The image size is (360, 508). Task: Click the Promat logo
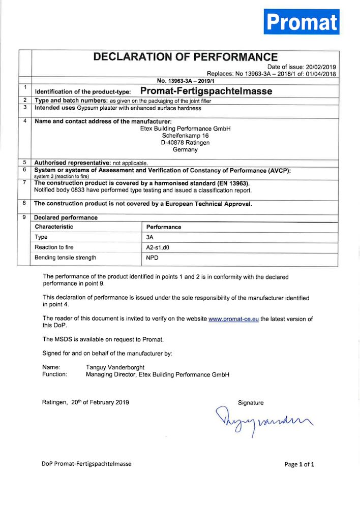click(302, 21)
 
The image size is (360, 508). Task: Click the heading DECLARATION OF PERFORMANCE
click(185, 57)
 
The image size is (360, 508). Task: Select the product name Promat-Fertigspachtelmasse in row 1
click(206, 91)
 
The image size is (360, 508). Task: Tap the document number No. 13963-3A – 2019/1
click(185, 80)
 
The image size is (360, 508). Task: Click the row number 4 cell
click(25, 121)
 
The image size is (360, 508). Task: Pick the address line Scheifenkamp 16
click(185, 136)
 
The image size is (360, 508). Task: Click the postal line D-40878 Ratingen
click(185, 143)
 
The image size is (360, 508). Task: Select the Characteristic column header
click(54, 227)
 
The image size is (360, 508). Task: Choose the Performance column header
click(164, 227)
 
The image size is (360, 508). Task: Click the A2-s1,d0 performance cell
click(160, 247)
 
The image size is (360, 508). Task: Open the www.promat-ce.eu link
click(234, 319)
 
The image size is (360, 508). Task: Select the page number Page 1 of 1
click(299, 464)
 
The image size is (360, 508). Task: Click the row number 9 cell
click(25, 217)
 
